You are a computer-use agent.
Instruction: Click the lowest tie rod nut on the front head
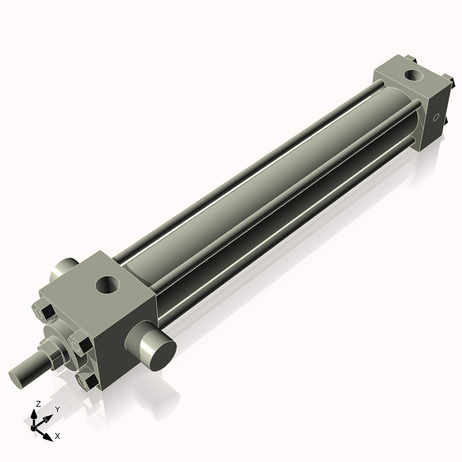click(87, 383)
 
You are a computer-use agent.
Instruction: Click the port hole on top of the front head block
click(108, 285)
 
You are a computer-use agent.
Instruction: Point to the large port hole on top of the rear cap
click(413, 75)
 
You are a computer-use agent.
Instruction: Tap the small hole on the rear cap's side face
click(436, 117)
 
